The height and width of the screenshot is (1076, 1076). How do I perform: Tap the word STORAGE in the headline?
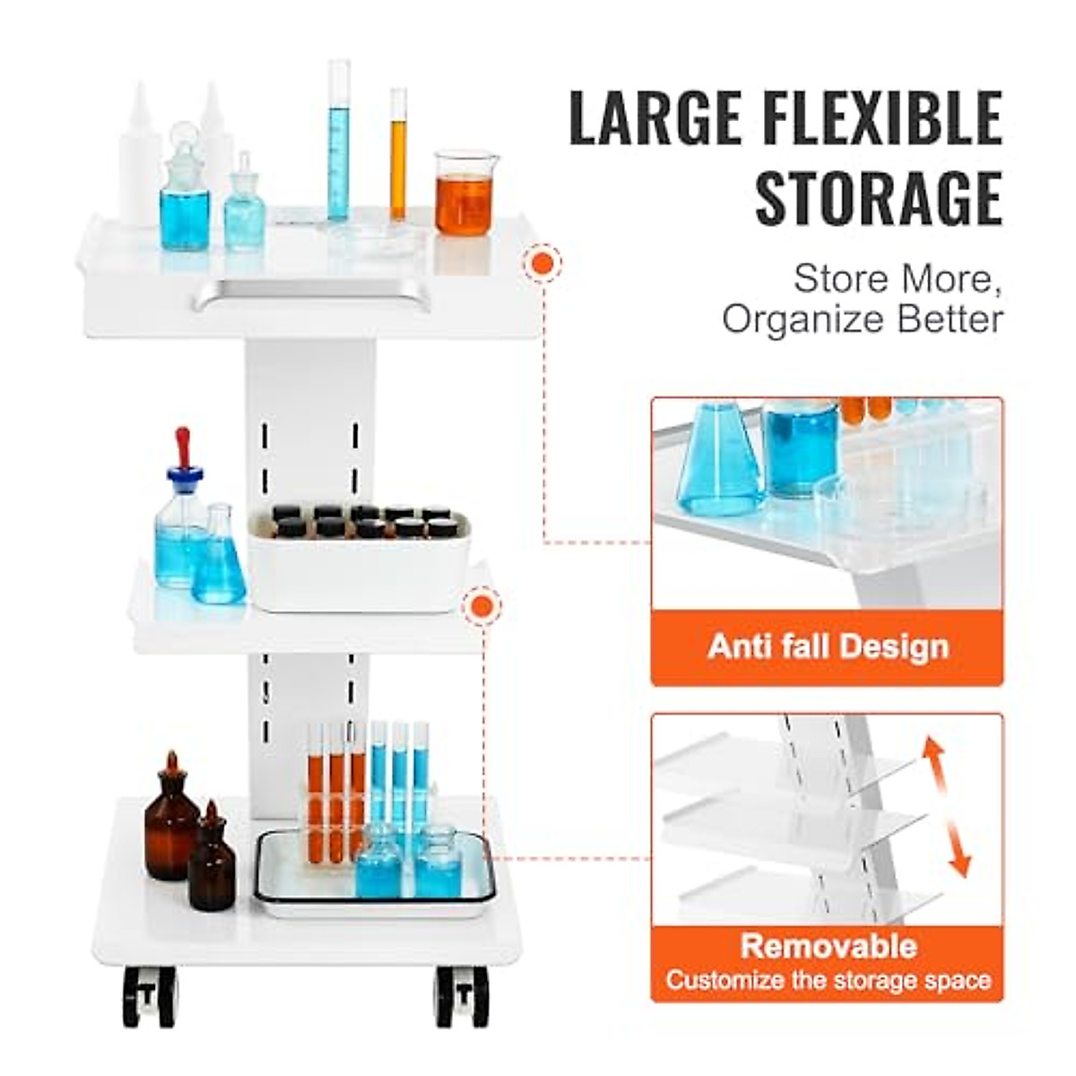(x=879, y=197)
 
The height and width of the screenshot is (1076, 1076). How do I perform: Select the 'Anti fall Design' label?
(x=827, y=646)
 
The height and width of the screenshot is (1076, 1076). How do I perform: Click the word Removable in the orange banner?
(x=828, y=946)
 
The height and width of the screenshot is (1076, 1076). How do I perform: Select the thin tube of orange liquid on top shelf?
(x=397, y=154)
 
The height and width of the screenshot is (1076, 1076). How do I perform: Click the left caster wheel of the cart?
(x=150, y=996)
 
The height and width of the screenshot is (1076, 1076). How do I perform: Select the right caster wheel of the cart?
(x=463, y=996)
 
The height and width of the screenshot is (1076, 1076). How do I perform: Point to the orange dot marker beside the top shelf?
(x=542, y=264)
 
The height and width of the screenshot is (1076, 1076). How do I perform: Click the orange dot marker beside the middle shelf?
(x=482, y=607)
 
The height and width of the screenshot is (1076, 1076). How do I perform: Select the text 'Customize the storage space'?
(x=828, y=980)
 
